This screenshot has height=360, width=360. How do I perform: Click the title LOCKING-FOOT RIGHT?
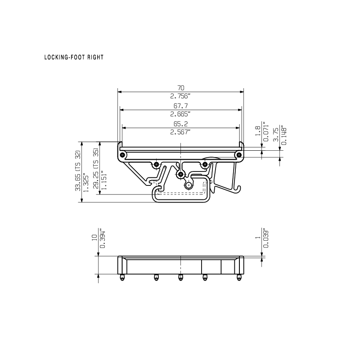(74, 57)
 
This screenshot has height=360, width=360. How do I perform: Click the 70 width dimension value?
(181, 88)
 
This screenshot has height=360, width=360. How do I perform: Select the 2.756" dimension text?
(180, 96)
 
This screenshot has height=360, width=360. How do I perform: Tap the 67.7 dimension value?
(181, 106)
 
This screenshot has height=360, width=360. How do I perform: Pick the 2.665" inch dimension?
(180, 114)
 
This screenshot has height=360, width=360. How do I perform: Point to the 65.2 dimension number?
(181, 124)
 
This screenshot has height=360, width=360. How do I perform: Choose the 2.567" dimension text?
(180, 132)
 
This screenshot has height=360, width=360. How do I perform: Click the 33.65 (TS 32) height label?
(78, 171)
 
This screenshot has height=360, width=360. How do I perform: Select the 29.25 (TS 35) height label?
(96, 168)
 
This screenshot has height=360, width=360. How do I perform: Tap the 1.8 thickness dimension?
(258, 130)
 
